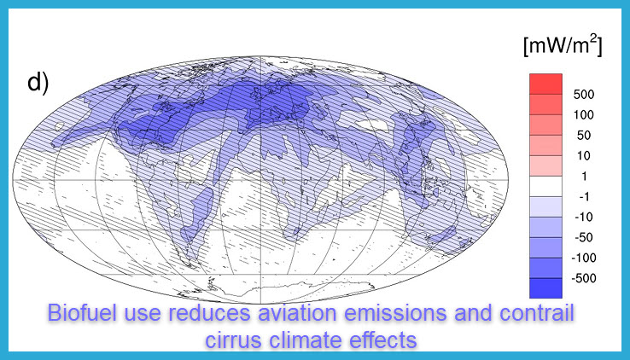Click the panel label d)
click(x=38, y=83)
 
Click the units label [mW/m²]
click(x=563, y=45)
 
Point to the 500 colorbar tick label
click(x=584, y=95)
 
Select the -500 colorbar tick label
click(x=583, y=278)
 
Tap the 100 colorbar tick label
click(x=583, y=115)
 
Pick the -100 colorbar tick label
click(x=583, y=258)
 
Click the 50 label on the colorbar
click(x=584, y=136)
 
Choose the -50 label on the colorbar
click(x=583, y=237)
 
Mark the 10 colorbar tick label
click(x=583, y=156)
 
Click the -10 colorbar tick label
click(x=583, y=217)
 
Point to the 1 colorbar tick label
click(x=584, y=177)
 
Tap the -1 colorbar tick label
click(x=584, y=197)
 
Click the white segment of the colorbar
click(x=545, y=186)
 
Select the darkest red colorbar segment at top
click(x=545, y=84)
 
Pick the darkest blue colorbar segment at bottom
click(x=545, y=288)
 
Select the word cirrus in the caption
click(x=234, y=340)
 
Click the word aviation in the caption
click(x=297, y=312)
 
